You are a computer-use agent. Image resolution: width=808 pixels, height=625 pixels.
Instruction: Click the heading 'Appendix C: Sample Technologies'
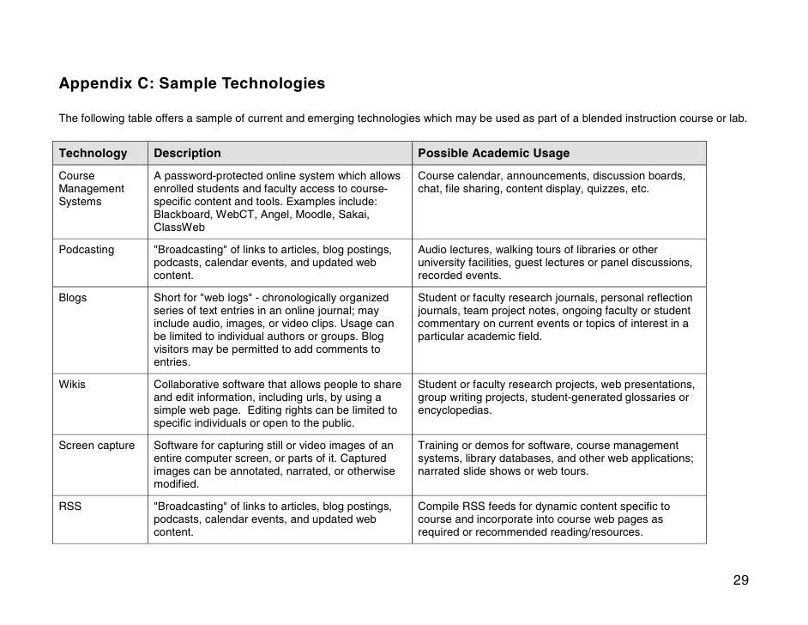(192, 84)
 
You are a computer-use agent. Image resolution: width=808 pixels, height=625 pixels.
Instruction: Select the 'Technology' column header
(93, 153)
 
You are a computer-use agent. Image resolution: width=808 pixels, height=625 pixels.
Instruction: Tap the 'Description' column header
(187, 153)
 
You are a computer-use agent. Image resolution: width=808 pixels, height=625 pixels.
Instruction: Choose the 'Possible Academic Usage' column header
(493, 153)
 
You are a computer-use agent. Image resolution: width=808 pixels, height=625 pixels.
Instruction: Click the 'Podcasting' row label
(87, 250)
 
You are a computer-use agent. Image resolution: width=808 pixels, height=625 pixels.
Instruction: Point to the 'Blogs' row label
(73, 298)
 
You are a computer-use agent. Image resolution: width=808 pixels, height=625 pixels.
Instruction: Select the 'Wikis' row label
(72, 385)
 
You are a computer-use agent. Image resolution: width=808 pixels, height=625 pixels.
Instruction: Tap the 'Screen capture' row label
(97, 446)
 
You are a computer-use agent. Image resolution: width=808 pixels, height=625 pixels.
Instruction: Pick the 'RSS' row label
(70, 507)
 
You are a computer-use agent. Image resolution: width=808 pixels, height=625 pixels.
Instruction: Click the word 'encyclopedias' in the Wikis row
(454, 410)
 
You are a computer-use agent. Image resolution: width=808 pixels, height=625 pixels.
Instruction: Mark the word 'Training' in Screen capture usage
(439, 446)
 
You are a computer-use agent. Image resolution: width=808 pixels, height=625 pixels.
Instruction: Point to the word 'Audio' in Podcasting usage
(433, 250)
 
